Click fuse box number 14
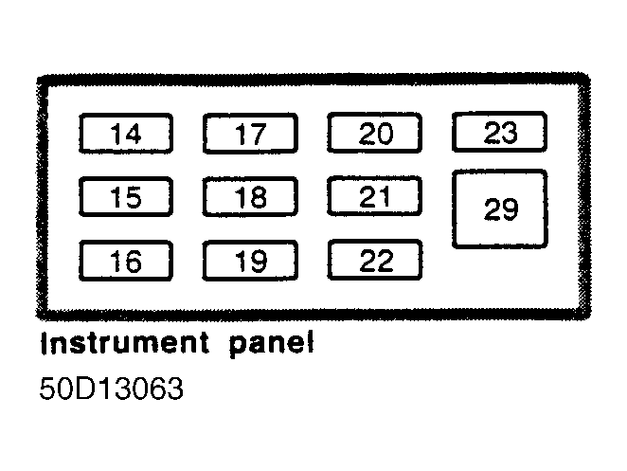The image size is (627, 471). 126,134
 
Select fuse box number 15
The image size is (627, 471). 126,196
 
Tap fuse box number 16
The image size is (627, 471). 126,261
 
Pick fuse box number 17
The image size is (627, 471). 250,134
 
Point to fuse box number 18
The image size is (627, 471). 250,196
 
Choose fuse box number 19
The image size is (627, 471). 250,261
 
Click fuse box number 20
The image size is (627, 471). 375,133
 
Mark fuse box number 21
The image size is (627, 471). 375,195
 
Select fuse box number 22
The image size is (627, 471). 375,260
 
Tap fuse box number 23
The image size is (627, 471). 500,132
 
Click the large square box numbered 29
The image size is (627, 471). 500,208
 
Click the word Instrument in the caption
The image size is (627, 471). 125,343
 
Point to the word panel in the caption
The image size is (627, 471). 272,345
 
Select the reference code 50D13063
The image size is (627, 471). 111,389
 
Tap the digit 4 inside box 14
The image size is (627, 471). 134,134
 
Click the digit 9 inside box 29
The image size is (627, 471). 510,208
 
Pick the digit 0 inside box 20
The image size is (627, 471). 385,134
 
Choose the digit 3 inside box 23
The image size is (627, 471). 509,133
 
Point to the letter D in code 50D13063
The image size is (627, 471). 84,389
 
